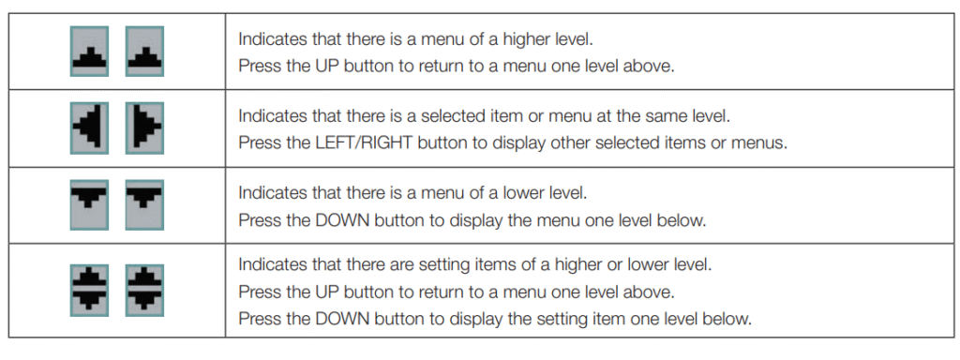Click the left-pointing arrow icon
click(x=89, y=127)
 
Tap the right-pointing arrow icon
click(x=144, y=127)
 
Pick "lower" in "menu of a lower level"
click(x=522, y=193)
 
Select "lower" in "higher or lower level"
click(x=647, y=265)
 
